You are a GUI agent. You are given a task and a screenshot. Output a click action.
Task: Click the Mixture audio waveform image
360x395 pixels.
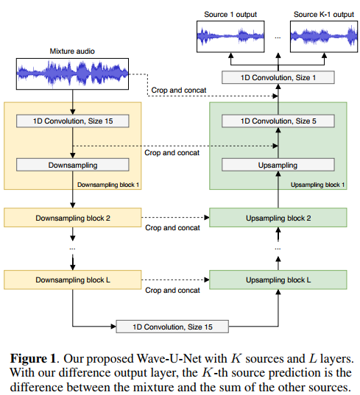pos(71,71)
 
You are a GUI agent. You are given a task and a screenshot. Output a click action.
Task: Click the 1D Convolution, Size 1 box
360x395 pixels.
pos(278,77)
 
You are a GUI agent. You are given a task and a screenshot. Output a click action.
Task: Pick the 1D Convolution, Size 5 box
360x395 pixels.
pos(278,121)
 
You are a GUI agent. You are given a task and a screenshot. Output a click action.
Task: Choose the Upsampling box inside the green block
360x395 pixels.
pos(278,166)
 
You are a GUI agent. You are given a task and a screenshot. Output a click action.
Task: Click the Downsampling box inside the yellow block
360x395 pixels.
pos(72,166)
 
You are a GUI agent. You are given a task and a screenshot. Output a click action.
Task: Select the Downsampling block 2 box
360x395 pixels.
pos(72,218)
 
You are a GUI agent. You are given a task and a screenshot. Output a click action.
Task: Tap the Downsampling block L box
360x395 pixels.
pos(72,280)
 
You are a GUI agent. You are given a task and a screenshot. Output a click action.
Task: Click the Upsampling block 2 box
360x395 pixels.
pos(278,218)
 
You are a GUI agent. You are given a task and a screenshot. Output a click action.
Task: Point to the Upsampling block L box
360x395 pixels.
pos(278,280)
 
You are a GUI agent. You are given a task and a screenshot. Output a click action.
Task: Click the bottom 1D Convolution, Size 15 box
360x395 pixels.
pos(173,326)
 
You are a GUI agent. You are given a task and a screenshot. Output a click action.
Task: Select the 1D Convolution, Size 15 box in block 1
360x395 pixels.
pos(72,121)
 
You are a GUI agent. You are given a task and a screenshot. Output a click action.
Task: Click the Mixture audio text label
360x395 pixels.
pos(72,51)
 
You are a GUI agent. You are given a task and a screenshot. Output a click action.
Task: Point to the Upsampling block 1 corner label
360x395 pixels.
pos(317,185)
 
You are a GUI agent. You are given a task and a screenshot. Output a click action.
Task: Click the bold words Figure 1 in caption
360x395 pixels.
pos(34,358)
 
